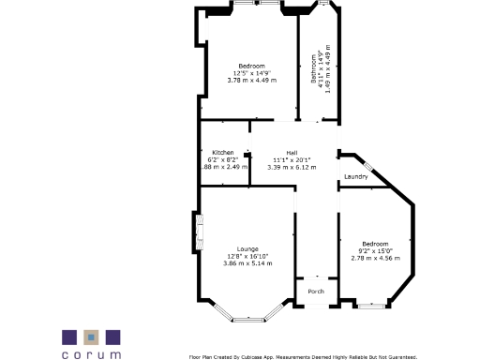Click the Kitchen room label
coord(222,152)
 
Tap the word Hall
coord(278,152)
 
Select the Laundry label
coord(355,176)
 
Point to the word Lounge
coord(247,248)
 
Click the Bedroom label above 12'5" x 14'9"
coord(251,66)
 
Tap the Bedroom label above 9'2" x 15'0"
coord(375,244)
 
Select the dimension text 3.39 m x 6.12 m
coord(285,167)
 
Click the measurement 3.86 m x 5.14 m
coord(247,263)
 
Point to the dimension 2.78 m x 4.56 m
coord(375,259)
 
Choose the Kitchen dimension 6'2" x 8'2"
coord(222,159)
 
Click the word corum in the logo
coord(91,354)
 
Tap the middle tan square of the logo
coord(91,336)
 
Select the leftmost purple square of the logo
coord(69,336)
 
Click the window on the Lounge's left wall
coord(198,232)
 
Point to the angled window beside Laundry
coord(369,166)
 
